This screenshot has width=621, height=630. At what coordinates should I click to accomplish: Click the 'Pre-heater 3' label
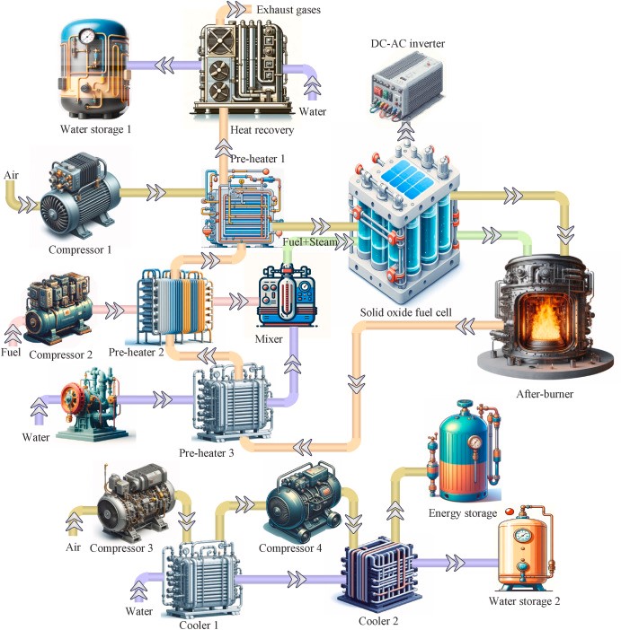coord(207,453)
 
